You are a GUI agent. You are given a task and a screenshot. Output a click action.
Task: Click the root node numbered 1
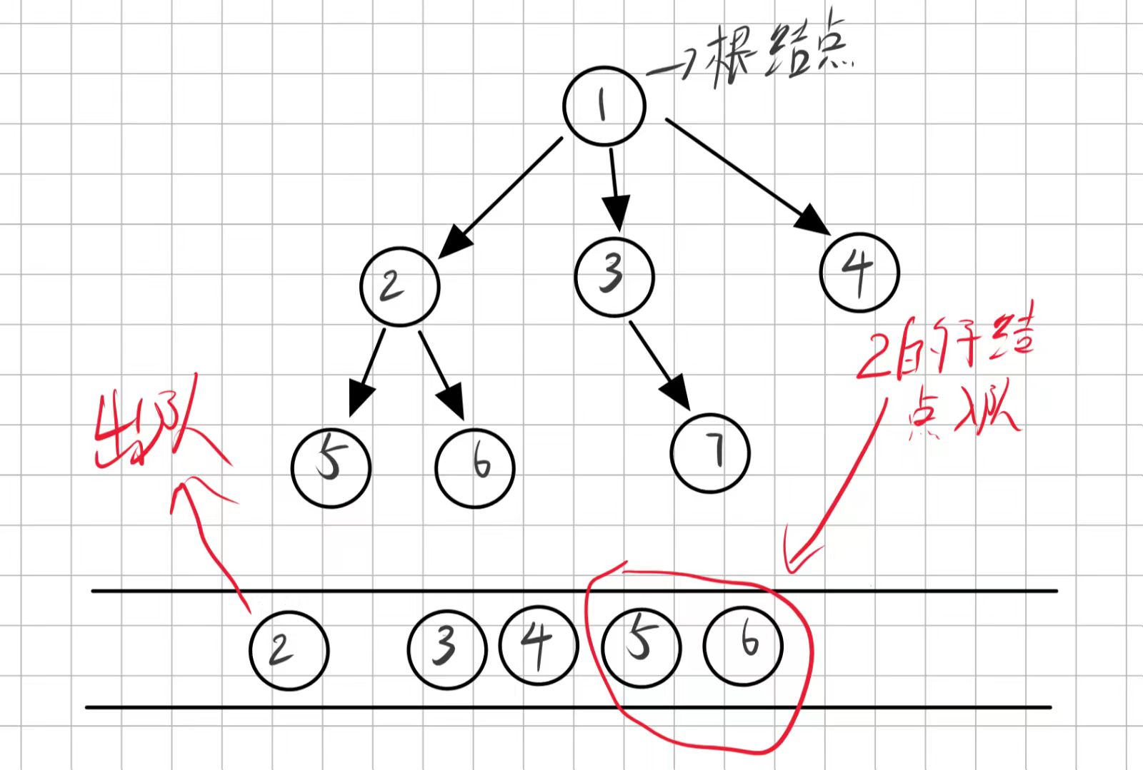[604, 106]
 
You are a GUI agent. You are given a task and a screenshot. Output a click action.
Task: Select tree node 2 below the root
[399, 287]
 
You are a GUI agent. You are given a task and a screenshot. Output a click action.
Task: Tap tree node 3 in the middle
[614, 276]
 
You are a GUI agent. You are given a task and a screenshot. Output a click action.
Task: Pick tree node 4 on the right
[859, 272]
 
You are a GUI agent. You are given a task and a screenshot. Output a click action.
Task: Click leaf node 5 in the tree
[331, 467]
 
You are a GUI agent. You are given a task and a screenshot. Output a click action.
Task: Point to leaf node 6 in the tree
[475, 467]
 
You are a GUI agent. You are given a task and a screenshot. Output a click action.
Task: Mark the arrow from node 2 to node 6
[442, 375]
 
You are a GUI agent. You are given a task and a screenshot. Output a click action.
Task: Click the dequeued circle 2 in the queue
[289, 650]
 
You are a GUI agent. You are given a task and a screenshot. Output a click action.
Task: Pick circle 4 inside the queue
[537, 646]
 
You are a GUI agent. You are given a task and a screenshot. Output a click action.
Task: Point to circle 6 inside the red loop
[743, 646]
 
